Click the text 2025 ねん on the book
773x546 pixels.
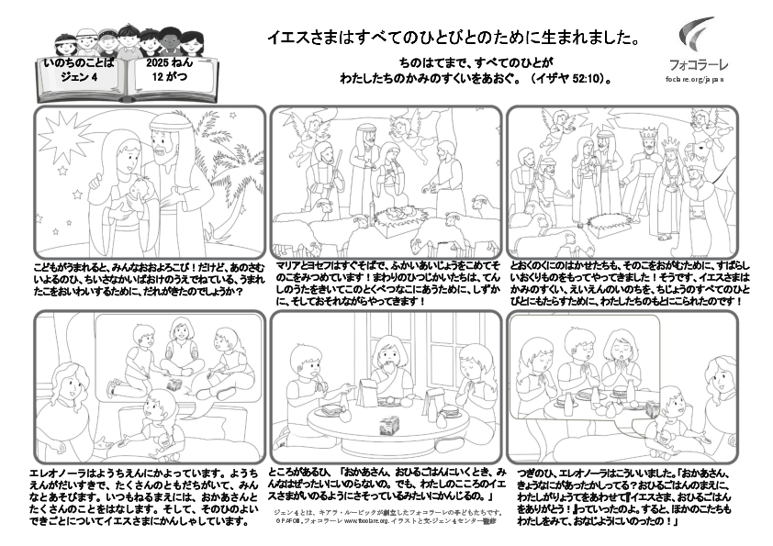(170, 64)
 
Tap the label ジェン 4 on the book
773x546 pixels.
(78, 78)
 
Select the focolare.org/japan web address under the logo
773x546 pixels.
(695, 79)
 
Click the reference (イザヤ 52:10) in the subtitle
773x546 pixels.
(570, 79)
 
